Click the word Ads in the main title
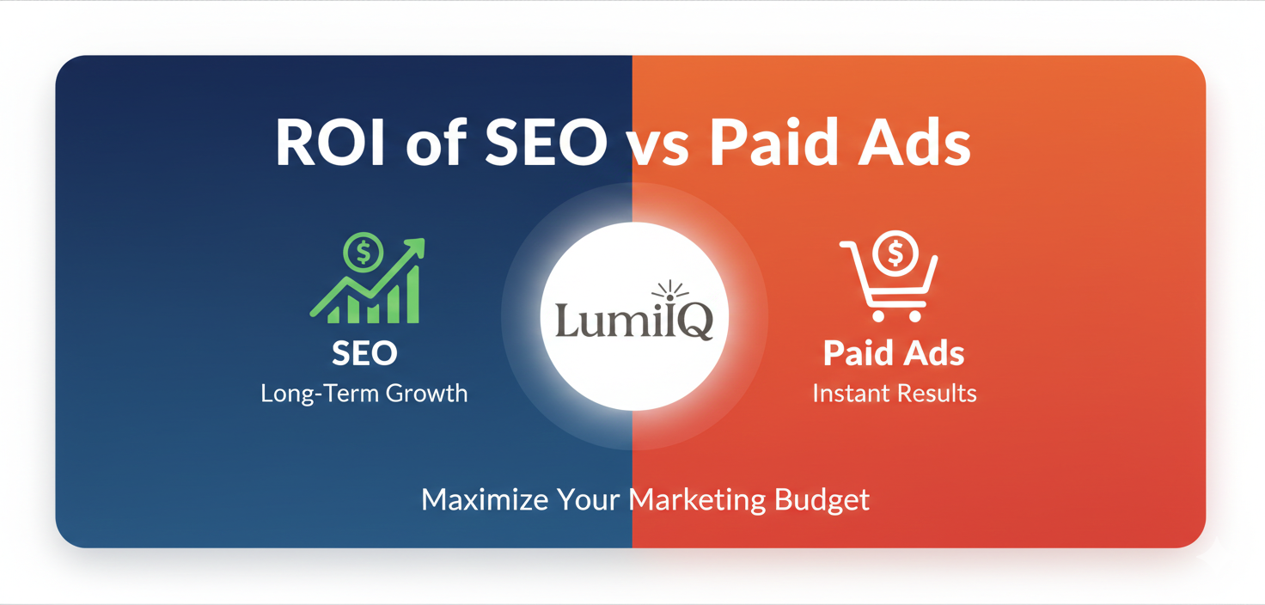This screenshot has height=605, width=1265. click(x=920, y=143)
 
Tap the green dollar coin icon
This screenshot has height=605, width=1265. click(x=364, y=253)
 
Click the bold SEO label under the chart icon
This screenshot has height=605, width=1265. click(x=364, y=353)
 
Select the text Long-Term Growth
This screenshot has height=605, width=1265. click(x=364, y=394)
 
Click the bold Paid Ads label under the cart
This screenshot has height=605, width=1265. click(x=894, y=353)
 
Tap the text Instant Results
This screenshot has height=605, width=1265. click(x=894, y=394)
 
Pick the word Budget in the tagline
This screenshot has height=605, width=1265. click(x=822, y=499)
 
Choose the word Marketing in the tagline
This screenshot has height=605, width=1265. click(x=697, y=499)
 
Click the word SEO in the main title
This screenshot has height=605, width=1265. click(x=546, y=143)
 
